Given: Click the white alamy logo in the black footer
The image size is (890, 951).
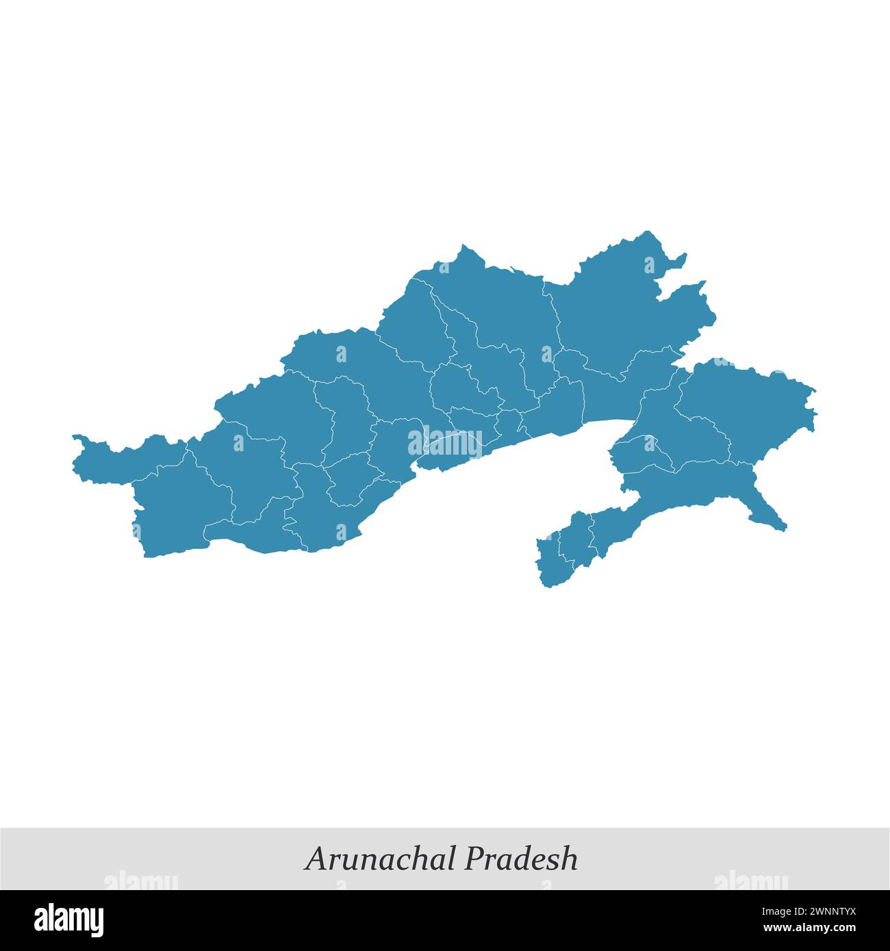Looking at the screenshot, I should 69,919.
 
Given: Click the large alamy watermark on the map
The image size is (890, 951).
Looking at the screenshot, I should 445,442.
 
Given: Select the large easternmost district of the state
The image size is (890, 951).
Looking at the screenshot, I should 746,404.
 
